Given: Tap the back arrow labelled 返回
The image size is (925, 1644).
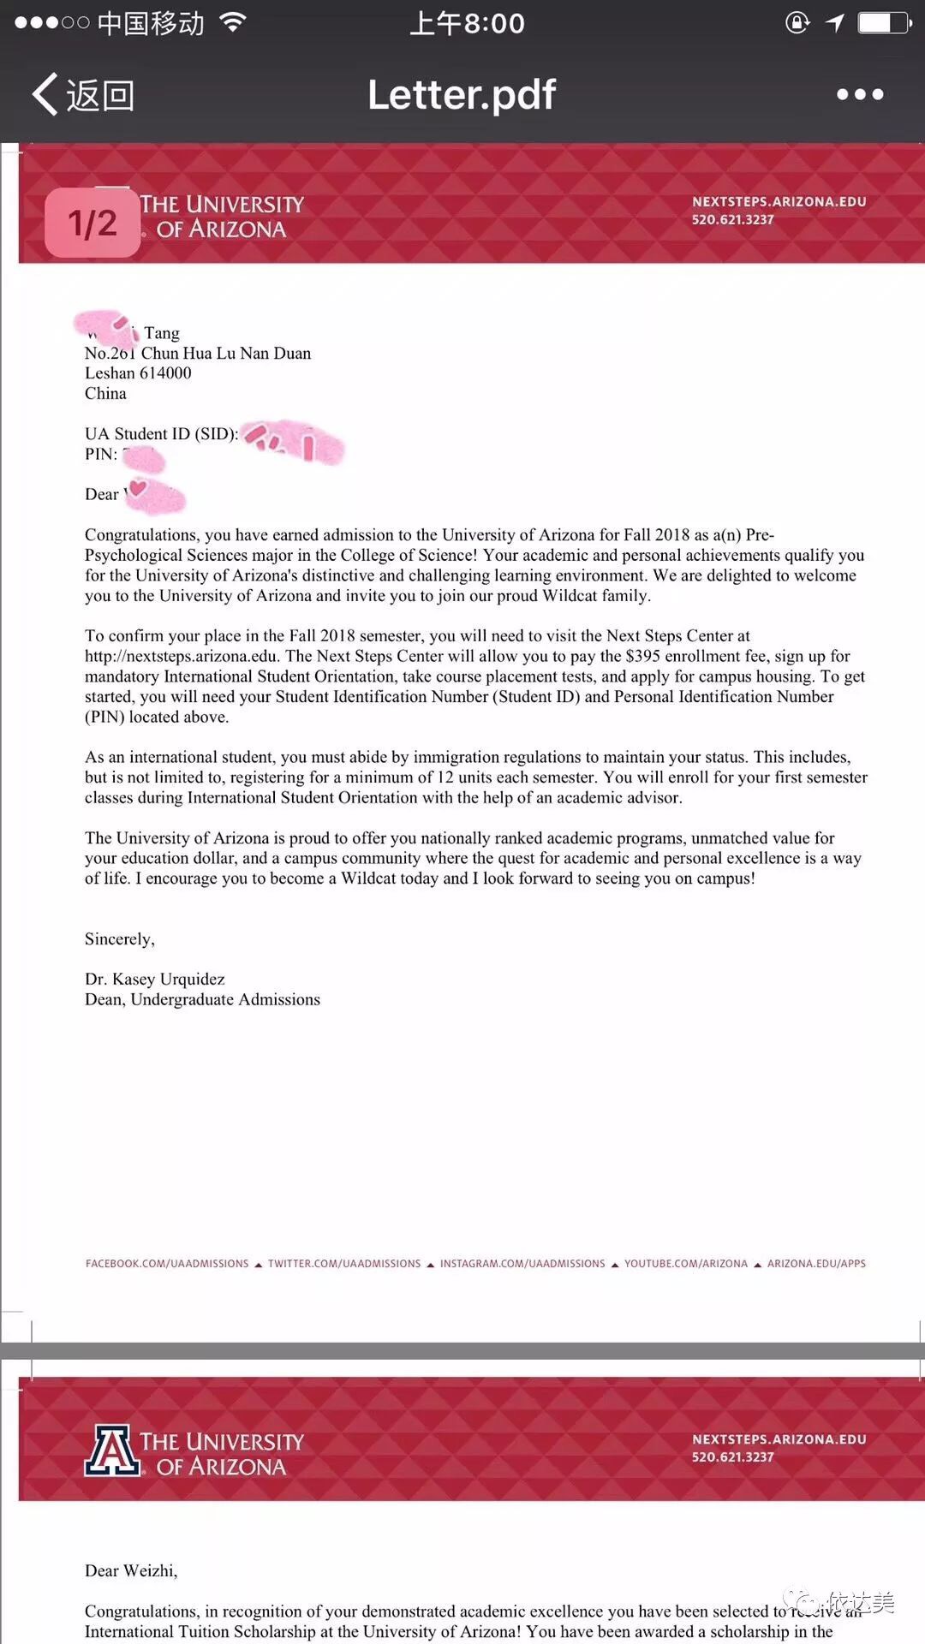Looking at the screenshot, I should pyautogui.click(x=83, y=94).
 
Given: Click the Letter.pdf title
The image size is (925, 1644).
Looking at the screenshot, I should pyautogui.click(x=462, y=94).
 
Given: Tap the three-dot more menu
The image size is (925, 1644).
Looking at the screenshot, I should pyautogui.click(x=860, y=94).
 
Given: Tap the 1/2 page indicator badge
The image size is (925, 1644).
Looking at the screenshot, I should pyautogui.click(x=92, y=223).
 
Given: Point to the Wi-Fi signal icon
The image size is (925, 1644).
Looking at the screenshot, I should pyautogui.click(x=233, y=22).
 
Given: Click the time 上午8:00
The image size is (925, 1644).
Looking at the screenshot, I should pyautogui.click(x=467, y=23).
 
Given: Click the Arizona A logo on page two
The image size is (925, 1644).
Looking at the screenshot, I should pyautogui.click(x=112, y=1450).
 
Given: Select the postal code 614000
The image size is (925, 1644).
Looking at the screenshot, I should pyautogui.click(x=165, y=373).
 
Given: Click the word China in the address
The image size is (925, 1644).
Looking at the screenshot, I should pyautogui.click(x=105, y=394).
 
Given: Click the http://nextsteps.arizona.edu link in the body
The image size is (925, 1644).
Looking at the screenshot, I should pyautogui.click(x=182, y=656).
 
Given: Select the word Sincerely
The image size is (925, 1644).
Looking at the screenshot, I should pyautogui.click(x=119, y=939).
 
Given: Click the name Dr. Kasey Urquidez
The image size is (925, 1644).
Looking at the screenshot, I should pyautogui.click(x=155, y=980).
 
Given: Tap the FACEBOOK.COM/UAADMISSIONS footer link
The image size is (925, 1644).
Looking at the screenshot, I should pyautogui.click(x=167, y=1264).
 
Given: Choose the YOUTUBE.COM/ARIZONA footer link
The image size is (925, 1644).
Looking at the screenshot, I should pyautogui.click(x=686, y=1264).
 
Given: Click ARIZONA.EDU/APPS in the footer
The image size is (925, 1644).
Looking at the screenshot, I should pyautogui.click(x=816, y=1264).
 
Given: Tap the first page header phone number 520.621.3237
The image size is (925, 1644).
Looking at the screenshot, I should pyautogui.click(x=733, y=220).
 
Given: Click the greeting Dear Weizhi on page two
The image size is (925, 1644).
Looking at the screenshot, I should pyautogui.click(x=131, y=1570).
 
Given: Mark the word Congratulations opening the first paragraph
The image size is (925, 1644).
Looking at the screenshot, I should pyautogui.click(x=141, y=535).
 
